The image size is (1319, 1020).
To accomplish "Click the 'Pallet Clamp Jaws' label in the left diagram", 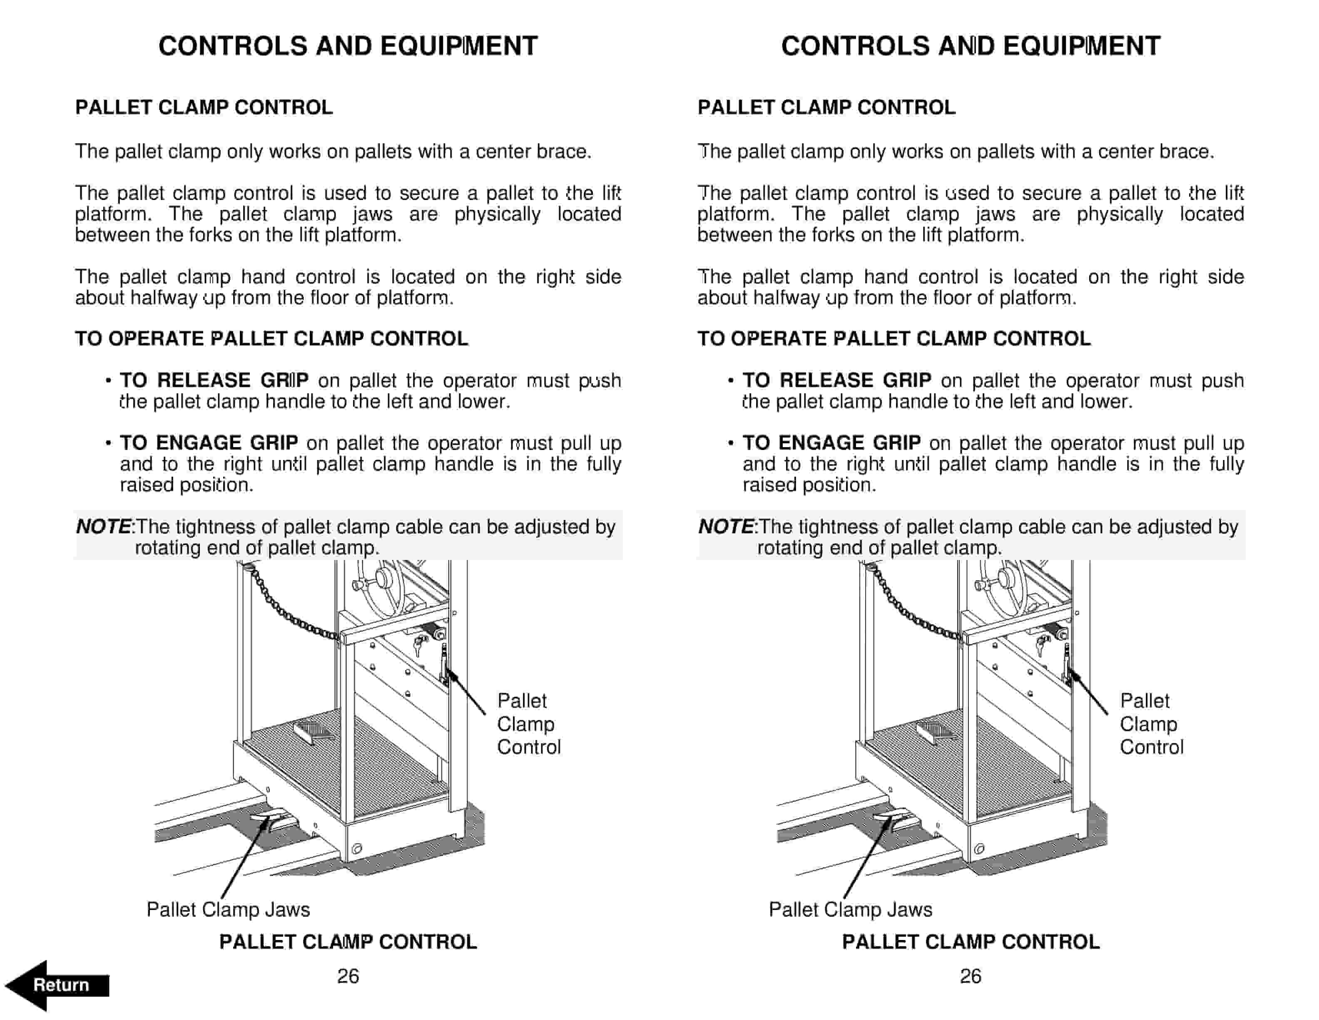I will tap(228, 910).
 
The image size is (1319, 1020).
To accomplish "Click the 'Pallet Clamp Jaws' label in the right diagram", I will tap(850, 910).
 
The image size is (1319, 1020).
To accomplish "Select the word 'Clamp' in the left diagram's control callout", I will tap(525, 724).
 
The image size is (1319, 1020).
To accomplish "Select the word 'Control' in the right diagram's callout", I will tap(1151, 747).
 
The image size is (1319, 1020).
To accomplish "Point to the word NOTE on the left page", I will tap(103, 527).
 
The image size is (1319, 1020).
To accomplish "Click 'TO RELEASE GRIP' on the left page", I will tap(214, 381).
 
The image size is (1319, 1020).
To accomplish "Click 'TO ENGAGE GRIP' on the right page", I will tap(831, 443).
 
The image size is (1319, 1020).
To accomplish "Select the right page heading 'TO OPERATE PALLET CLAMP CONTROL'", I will tap(894, 338).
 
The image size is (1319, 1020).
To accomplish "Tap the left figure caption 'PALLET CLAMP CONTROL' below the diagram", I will tap(348, 942).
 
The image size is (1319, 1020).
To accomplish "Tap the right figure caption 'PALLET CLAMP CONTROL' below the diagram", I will tap(971, 942).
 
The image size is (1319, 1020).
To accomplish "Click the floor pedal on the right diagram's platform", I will tap(935, 732).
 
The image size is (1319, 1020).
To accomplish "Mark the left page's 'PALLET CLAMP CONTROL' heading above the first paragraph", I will tap(204, 107).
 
